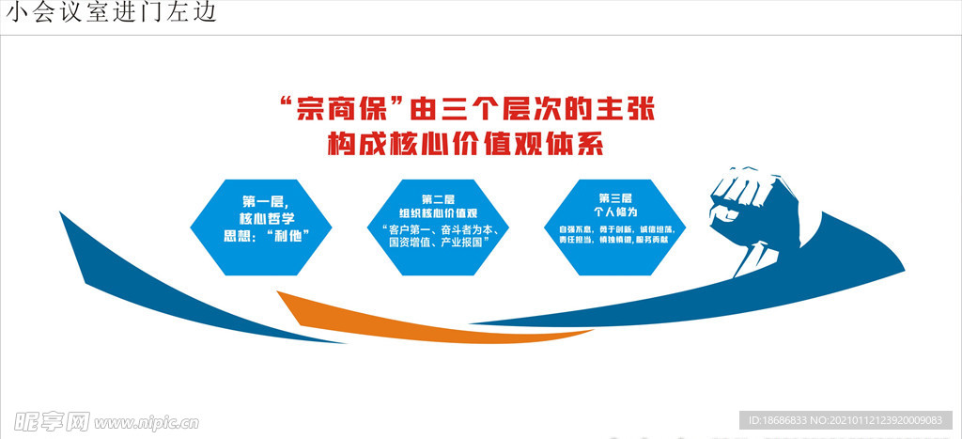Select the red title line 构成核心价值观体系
point(464,146)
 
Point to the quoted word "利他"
point(288,234)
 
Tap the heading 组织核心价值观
point(438,213)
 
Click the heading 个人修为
point(616,212)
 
